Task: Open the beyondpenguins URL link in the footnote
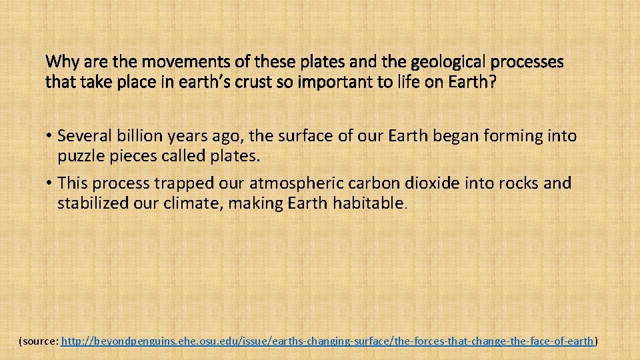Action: [x=327, y=341]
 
